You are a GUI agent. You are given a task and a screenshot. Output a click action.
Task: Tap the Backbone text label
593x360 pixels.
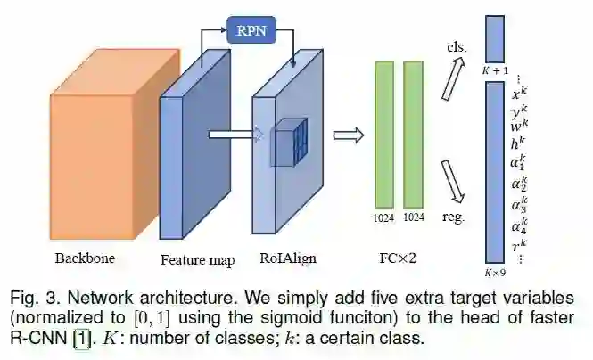click(85, 259)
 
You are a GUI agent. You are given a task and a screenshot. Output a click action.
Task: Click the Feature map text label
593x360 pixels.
click(198, 260)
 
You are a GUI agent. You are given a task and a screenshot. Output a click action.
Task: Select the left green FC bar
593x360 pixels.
click(384, 133)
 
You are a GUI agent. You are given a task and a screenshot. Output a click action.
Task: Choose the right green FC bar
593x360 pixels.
click(413, 133)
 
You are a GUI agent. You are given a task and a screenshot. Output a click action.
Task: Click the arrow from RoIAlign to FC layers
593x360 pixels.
click(349, 135)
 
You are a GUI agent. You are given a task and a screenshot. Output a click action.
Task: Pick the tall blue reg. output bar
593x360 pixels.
click(496, 169)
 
